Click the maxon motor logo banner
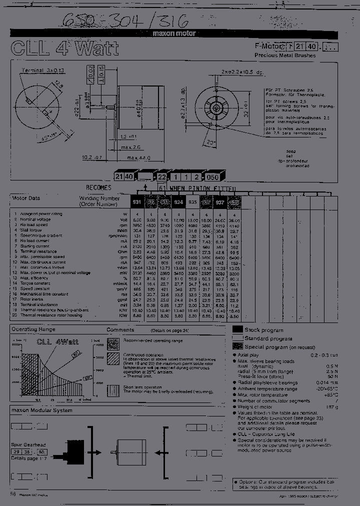174,33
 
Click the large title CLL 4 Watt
65,48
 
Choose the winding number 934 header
177,202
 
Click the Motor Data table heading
26,198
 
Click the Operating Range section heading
33,329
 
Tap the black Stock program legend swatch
238,329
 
